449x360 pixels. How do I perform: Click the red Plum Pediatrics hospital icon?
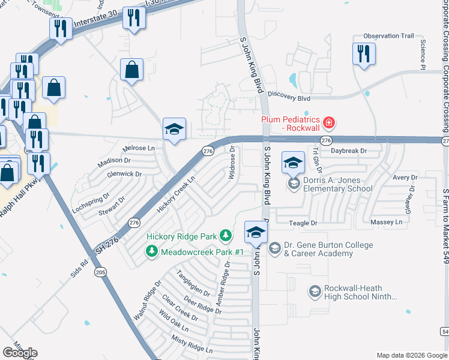[x=328, y=124]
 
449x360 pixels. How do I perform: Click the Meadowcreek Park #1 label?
[x=202, y=252]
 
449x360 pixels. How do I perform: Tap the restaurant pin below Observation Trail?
[x=381, y=55]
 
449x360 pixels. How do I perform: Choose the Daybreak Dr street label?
[x=348, y=151]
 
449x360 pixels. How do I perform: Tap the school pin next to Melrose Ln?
[x=174, y=129]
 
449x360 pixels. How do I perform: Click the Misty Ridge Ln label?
[x=191, y=345]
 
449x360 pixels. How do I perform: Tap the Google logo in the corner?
[x=20, y=353]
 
